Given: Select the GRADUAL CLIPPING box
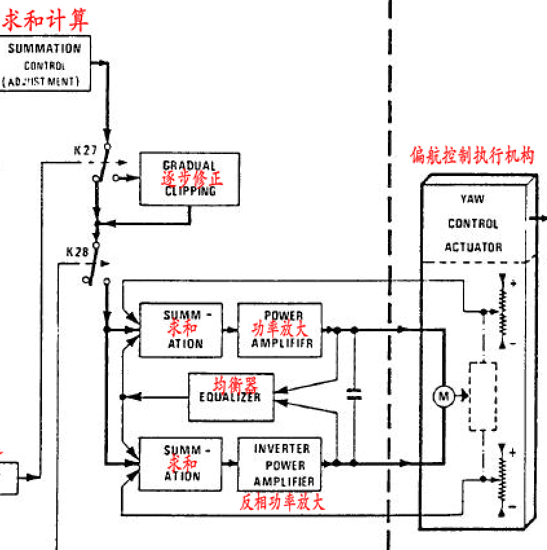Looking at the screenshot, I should point(189,179).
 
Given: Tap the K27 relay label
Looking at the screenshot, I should point(85,151).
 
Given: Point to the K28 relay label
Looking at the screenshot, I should point(77,252).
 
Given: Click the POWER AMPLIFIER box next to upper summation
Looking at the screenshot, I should point(279,329).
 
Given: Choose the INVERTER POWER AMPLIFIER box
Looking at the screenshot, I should point(279,464).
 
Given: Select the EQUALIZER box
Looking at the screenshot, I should point(231,396).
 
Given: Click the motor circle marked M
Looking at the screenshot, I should point(444,397).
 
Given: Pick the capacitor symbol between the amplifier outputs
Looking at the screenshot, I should point(353,395).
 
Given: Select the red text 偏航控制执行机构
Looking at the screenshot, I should point(472,156).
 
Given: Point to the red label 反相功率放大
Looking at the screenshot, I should point(282,502).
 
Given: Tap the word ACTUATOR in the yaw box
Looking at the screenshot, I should point(473,247).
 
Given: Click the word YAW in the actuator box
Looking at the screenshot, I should point(473,199).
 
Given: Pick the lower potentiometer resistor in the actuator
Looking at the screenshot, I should point(502,479).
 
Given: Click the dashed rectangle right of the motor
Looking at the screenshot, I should point(482,396).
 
